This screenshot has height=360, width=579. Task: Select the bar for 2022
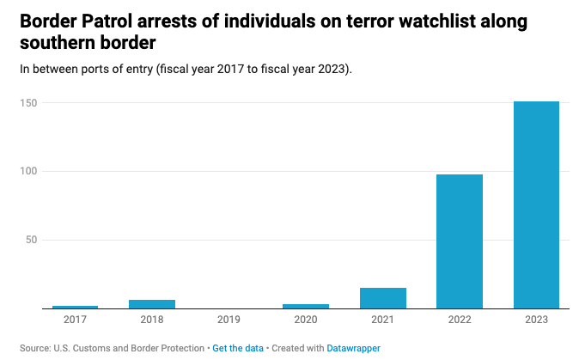tap(460, 241)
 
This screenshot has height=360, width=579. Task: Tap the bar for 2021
tap(382, 298)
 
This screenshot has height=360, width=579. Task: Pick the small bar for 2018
tap(152, 303)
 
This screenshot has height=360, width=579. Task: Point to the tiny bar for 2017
tap(75, 307)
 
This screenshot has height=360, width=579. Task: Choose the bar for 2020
tap(306, 306)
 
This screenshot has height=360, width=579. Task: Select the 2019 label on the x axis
tap(229, 320)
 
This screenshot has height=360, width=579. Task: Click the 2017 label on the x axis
tap(75, 320)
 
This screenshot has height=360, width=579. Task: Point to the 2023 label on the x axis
tap(536, 320)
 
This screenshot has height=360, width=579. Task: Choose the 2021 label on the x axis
tap(382, 320)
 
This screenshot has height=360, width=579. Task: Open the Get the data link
tap(237, 348)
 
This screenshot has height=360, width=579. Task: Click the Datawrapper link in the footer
tap(354, 348)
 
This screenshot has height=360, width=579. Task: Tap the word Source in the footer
tap(34, 348)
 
